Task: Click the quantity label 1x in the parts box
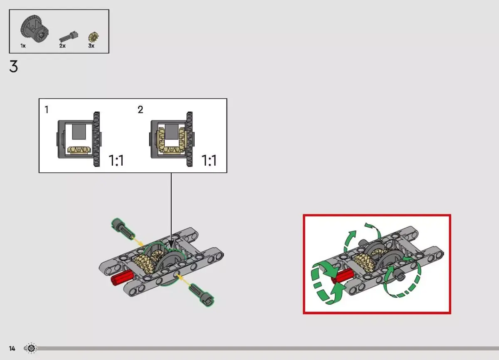pos(23,46)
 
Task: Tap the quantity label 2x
pos(62,46)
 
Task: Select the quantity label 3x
pos(91,46)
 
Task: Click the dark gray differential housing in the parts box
pos(35,29)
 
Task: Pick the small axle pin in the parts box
pos(69,37)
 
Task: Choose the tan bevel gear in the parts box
pos(93,37)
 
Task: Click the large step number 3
pos(14,67)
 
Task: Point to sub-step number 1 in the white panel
pos(46,109)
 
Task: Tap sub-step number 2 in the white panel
pos(141,109)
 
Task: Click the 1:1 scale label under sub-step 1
pos(116,161)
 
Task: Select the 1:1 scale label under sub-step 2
pos(209,161)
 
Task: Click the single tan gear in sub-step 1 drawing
pos(79,150)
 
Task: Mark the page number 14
pos(12,348)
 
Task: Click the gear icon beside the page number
pos(31,348)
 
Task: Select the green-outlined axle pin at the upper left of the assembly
pos(123,228)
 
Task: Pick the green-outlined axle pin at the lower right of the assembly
pos(201,295)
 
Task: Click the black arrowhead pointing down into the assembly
pos(171,244)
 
